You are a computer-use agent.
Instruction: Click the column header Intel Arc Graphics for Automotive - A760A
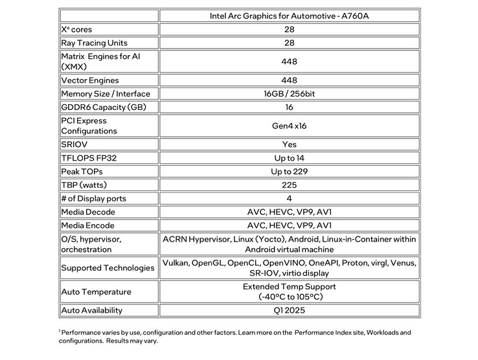click(290, 16)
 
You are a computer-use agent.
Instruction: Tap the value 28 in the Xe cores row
click(290, 30)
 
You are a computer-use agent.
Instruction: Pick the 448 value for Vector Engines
click(290, 80)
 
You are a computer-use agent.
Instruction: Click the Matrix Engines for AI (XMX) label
click(100, 62)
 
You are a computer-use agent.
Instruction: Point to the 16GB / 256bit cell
click(290, 94)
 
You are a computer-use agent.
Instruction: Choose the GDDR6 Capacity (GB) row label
click(98, 107)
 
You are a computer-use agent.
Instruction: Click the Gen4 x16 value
click(290, 126)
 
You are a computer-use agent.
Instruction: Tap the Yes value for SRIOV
click(290, 144)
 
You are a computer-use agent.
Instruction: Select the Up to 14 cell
click(290, 158)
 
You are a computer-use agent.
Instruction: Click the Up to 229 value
click(290, 172)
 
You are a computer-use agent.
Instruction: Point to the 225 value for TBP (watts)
click(290, 185)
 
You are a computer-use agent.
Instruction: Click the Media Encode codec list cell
click(290, 226)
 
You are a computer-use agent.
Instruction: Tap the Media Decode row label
click(88, 212)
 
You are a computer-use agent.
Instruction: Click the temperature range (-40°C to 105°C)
click(290, 297)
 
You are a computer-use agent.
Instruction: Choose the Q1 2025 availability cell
click(290, 310)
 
